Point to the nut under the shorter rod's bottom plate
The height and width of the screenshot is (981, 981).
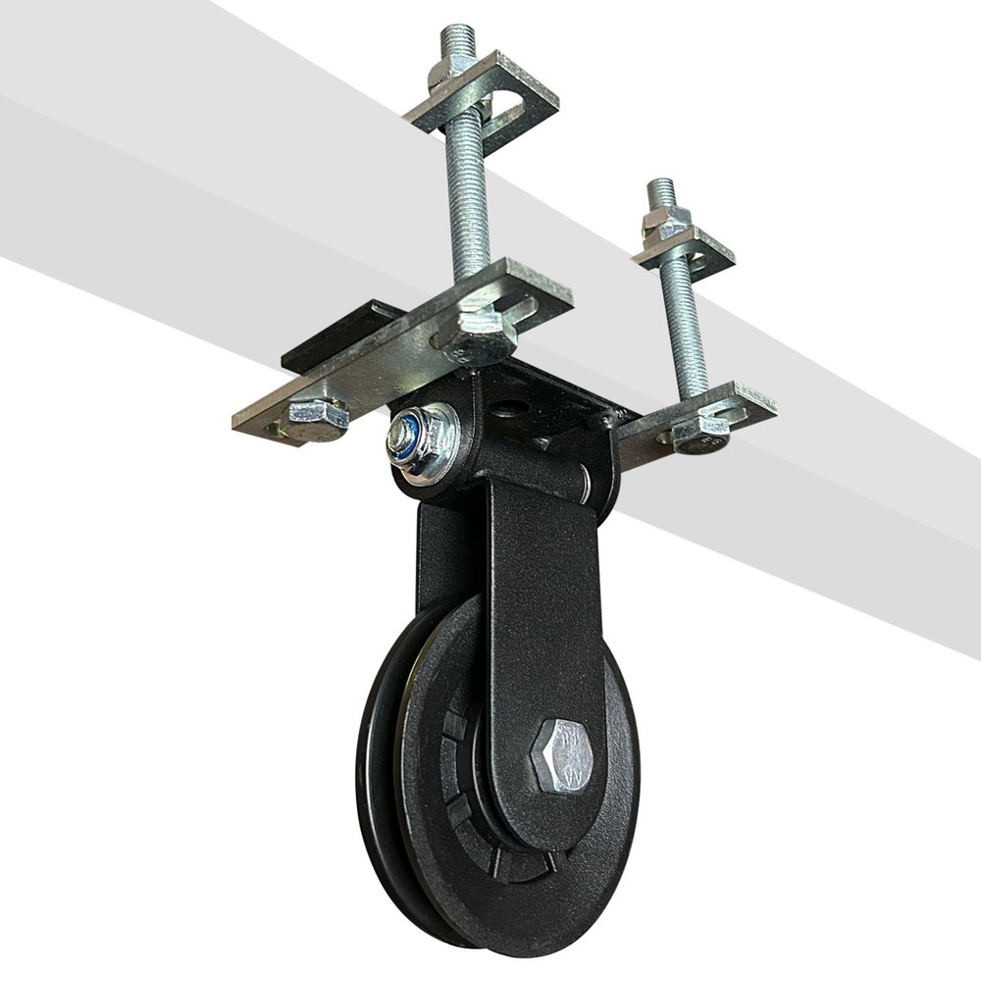(700, 433)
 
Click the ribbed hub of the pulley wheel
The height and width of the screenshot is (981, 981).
(481, 785)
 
